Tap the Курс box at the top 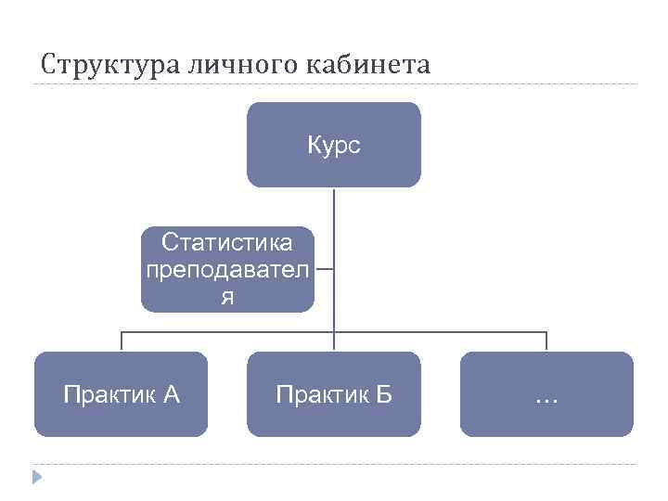[x=333, y=145]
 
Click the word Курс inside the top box [x=333, y=146]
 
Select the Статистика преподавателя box [x=227, y=269]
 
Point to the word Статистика [x=227, y=243]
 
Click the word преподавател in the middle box [x=227, y=270]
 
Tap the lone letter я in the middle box [x=227, y=297]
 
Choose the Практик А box [x=121, y=394]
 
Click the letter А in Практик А [x=171, y=395]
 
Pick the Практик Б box [x=333, y=394]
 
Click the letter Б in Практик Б [x=383, y=395]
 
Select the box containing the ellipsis [x=546, y=394]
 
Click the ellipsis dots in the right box [x=546, y=400]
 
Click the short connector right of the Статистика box [x=324, y=271]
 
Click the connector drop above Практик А [x=121, y=341]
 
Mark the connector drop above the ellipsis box [x=546, y=341]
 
